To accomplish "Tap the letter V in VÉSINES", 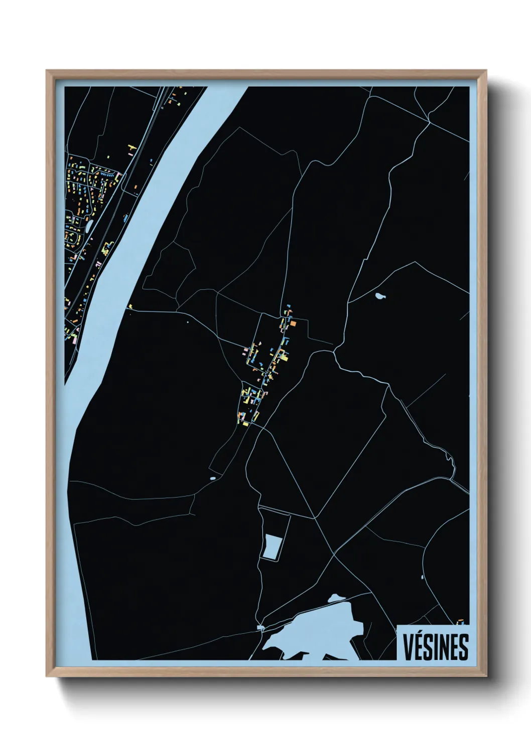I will point(408,647).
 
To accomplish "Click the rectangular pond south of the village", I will point(272,547).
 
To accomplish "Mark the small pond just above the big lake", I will point(336,598).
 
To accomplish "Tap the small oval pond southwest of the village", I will point(213,478).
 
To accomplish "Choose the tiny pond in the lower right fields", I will point(423,577).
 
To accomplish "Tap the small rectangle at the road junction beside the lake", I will point(260,627).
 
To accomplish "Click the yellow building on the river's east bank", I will point(129,306).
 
